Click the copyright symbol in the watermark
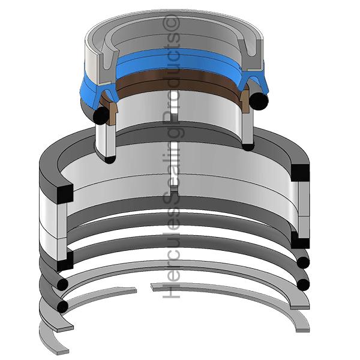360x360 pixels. (x=171, y=23)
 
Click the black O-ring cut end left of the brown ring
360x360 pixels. (x=101, y=116)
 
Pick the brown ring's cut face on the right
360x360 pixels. (x=245, y=101)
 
